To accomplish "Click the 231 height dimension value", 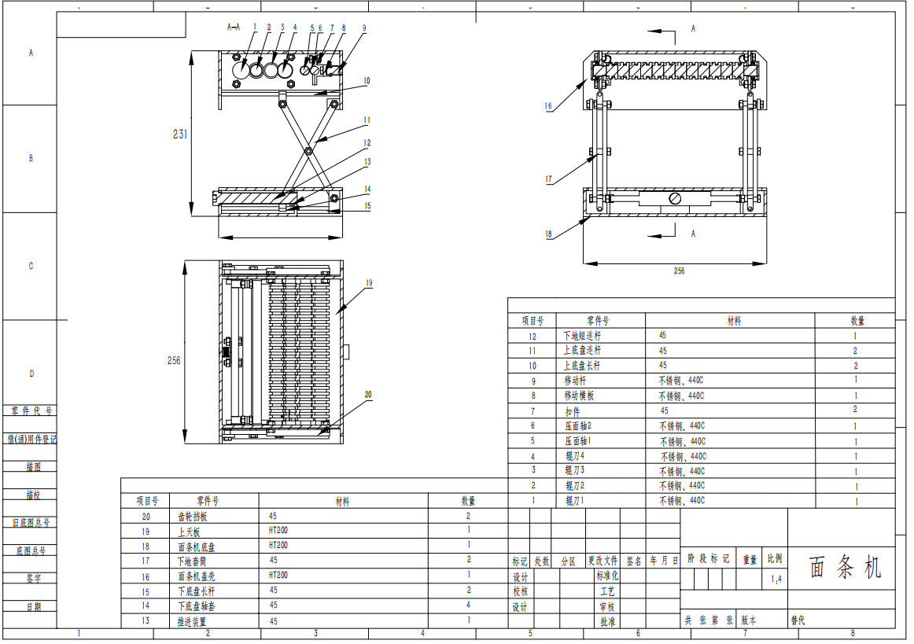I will click(180, 134).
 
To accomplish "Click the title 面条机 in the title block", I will click(846, 568).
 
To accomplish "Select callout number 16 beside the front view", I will click(548, 105).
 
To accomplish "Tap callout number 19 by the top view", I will click(368, 282).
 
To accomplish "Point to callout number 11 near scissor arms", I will click(367, 120).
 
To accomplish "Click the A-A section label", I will click(234, 27).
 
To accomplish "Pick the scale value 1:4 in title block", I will click(776, 580).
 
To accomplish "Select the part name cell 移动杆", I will click(577, 381).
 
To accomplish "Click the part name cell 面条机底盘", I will click(193, 545).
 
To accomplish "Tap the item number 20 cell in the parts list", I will click(146, 517).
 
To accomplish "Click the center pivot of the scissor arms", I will click(308, 149).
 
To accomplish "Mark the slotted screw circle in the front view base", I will click(675, 199).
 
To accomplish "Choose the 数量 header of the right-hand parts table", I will click(857, 321).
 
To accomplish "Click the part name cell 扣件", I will click(573, 411).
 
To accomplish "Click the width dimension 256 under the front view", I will click(679, 270).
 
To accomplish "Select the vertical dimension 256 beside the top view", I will click(174, 361).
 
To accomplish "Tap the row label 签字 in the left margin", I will click(33, 578).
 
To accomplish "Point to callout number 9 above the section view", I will click(364, 27).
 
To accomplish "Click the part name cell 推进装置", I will click(193, 621).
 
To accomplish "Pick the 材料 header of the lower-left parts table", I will click(343, 501).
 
